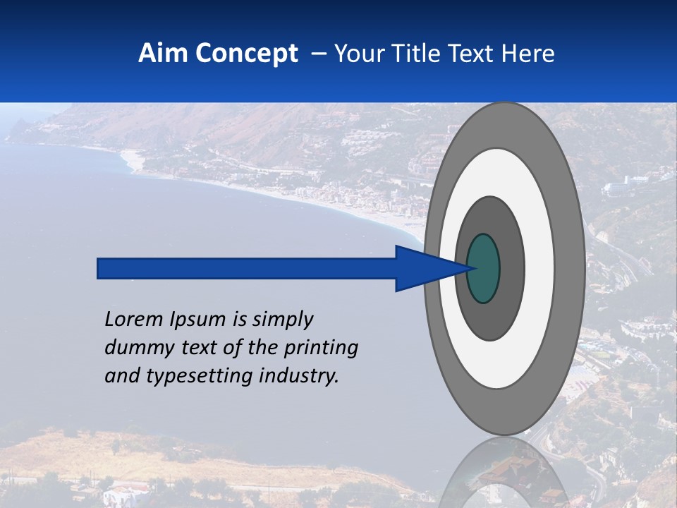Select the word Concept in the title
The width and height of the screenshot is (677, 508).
click(247, 54)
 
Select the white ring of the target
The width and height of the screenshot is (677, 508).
click(539, 268)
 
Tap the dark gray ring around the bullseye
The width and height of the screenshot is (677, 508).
click(512, 268)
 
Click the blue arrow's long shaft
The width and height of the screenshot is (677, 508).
click(247, 268)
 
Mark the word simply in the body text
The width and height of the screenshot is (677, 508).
click(282, 320)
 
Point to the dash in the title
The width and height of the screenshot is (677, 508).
click(317, 54)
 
